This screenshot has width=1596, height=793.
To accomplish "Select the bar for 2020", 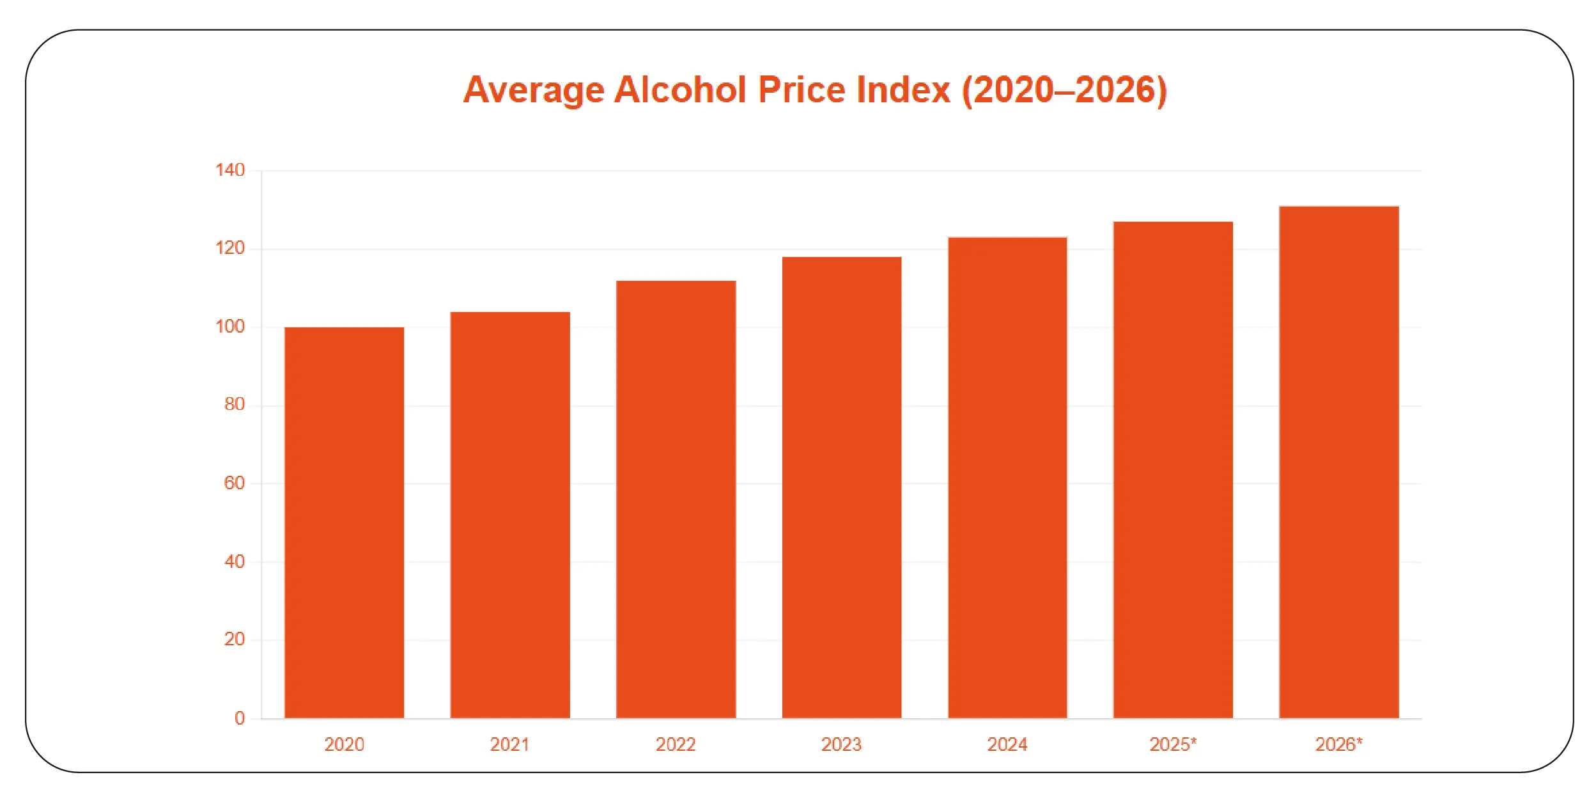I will [344, 522].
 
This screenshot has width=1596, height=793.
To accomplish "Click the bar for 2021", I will [510, 515].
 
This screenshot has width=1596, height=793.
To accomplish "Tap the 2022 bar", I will [676, 499].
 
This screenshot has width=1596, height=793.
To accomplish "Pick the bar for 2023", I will [842, 487].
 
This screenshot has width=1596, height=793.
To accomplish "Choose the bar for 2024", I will [1007, 478].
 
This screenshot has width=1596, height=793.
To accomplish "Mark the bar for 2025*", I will [1173, 470].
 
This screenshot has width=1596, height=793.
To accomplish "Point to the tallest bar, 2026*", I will [1339, 462].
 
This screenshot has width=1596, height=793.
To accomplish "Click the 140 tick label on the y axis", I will [230, 170].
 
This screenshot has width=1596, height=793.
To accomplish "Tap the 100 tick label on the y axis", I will [230, 327].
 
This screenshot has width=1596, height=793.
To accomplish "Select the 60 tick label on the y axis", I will [234, 483].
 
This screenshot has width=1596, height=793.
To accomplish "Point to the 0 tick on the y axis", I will [240, 718].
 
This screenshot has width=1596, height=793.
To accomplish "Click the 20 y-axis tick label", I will [234, 639].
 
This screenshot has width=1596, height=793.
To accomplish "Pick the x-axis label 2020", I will [344, 744].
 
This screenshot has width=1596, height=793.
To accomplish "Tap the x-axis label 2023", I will [841, 744].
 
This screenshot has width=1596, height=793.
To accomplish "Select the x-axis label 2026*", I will [1338, 744].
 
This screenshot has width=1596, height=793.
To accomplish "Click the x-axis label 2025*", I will [1173, 744].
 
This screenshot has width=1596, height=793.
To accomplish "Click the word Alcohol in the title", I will [680, 90].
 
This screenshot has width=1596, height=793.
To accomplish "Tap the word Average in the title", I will [533, 90].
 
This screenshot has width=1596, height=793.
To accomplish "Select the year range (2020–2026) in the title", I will [1064, 90].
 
